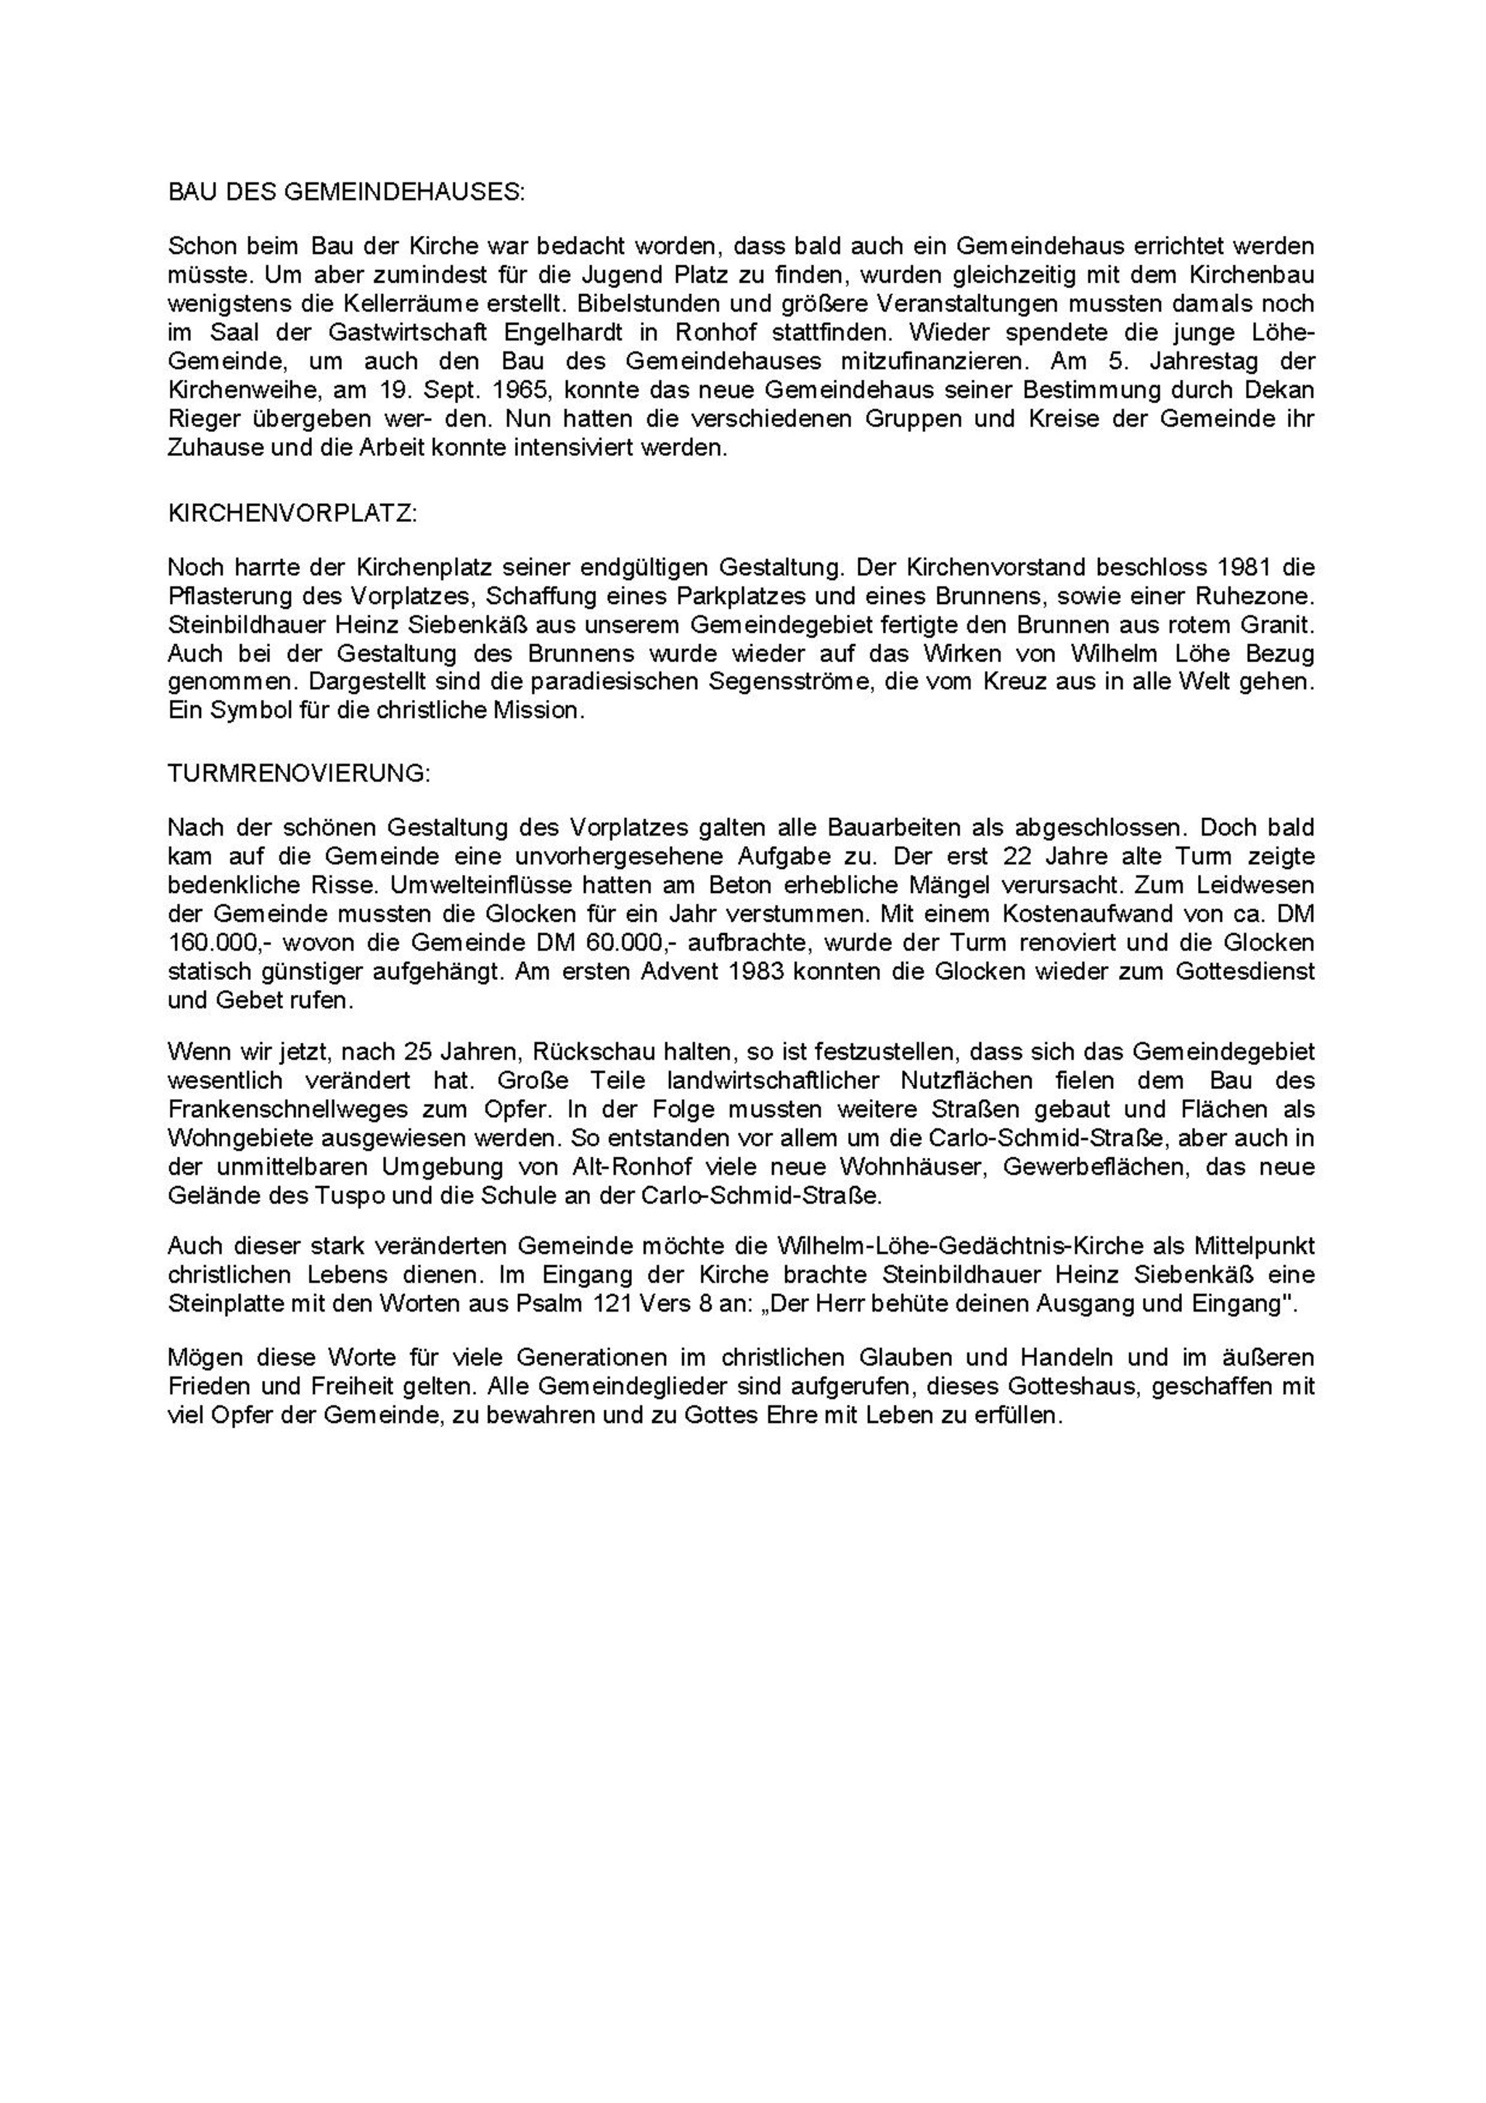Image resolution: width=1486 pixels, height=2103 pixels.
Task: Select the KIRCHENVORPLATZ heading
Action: tap(292, 514)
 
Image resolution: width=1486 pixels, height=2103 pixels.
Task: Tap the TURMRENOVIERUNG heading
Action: tap(298, 773)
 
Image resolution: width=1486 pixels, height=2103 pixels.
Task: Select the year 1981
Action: tap(1242, 568)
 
